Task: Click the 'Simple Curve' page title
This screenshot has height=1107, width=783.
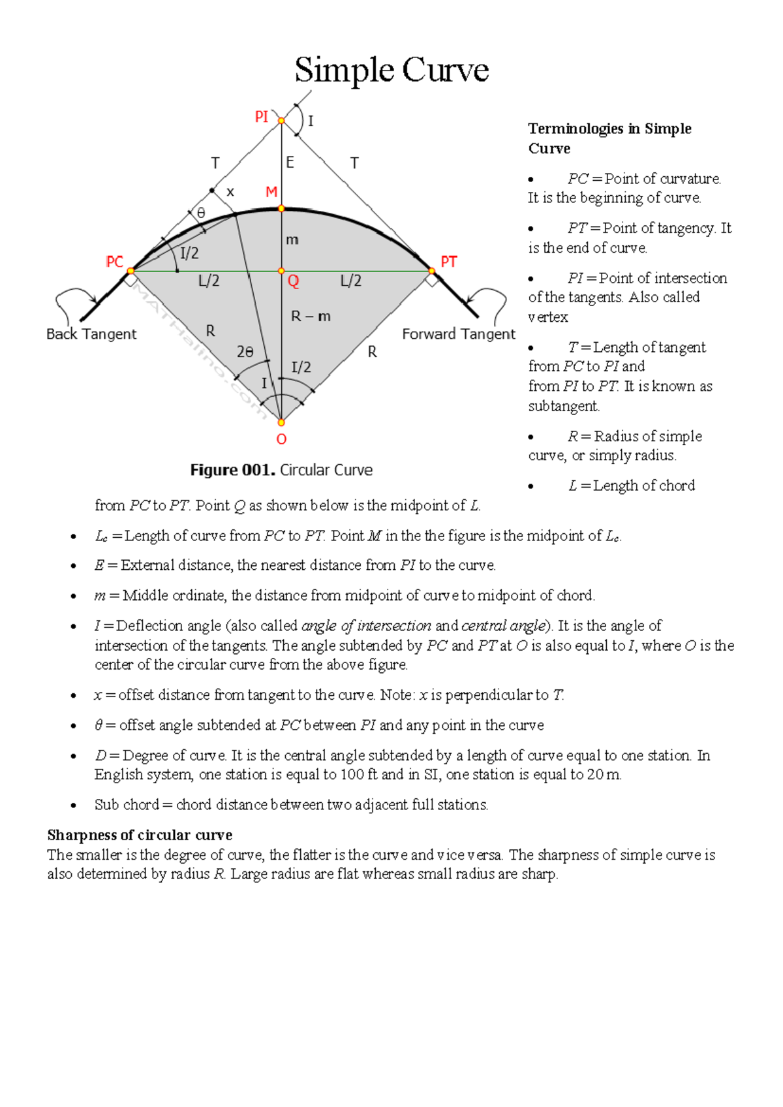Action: (391, 70)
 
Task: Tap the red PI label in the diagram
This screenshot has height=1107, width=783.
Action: (262, 117)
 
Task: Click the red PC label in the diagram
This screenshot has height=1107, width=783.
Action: (114, 262)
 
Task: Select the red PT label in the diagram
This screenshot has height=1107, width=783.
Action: (449, 262)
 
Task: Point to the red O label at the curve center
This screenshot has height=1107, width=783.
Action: (281, 439)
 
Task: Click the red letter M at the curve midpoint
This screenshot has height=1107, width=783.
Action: (271, 192)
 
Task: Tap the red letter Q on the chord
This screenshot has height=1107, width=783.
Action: (293, 281)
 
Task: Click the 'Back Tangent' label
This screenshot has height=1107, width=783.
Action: (91, 334)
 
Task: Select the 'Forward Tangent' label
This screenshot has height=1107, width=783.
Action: (458, 334)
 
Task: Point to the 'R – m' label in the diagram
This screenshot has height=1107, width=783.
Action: (311, 317)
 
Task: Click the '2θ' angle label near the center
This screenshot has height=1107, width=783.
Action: (245, 352)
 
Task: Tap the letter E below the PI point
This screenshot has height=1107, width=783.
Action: (290, 163)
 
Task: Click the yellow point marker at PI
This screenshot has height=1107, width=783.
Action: (281, 121)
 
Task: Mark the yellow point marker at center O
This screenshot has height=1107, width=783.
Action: (281, 422)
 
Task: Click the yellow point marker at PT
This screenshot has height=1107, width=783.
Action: (432, 270)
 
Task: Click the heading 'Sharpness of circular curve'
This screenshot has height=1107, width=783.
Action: (140, 835)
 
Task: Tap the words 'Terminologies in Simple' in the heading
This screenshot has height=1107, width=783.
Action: (609, 129)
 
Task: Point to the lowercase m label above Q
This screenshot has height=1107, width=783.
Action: (292, 240)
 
